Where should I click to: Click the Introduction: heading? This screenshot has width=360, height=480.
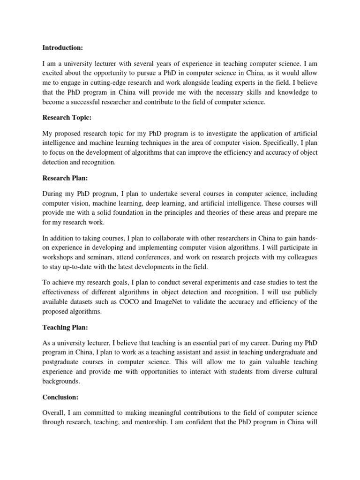[62, 47]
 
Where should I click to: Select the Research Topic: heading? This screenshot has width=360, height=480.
[66, 118]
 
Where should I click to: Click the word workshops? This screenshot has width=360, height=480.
[60, 257]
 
